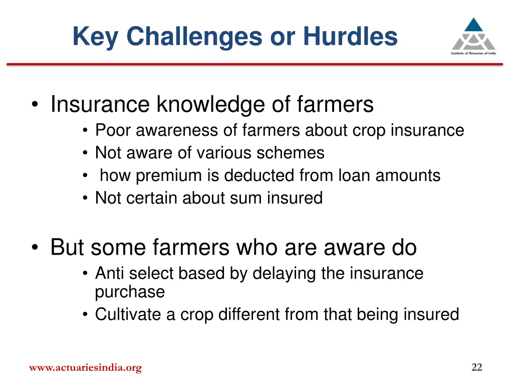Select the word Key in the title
coord(95,37)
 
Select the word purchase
coord(130,292)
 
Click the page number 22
coord(476,368)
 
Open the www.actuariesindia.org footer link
coord(85,368)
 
